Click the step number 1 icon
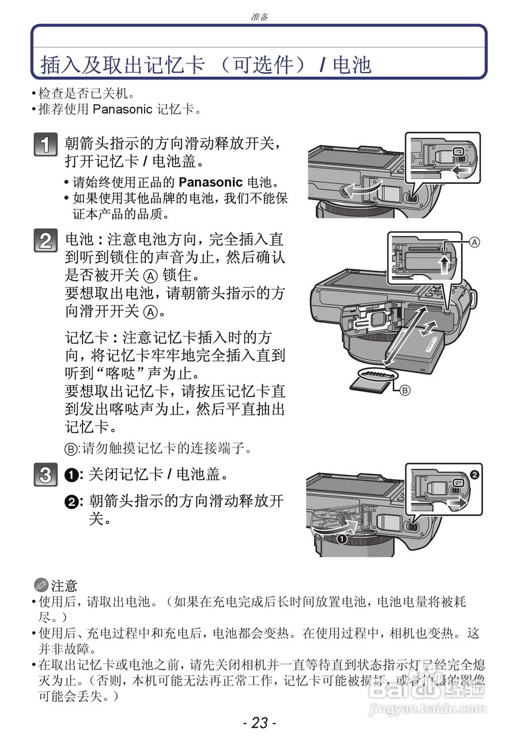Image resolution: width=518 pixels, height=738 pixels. tap(45, 145)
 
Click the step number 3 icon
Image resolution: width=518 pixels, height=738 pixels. tap(45, 475)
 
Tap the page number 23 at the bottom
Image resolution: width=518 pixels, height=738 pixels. tap(259, 722)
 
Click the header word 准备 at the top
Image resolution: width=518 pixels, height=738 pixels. tap(259, 17)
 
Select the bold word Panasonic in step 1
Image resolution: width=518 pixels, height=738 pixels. tap(210, 182)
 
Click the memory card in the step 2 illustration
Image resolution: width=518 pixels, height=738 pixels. tap(372, 379)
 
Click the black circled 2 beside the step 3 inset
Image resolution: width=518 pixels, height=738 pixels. tap(475, 475)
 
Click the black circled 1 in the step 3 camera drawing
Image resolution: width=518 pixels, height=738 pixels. tap(341, 540)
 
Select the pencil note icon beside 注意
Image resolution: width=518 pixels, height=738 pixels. tap(40, 586)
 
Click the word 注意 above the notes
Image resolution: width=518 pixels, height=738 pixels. tap(64, 586)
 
